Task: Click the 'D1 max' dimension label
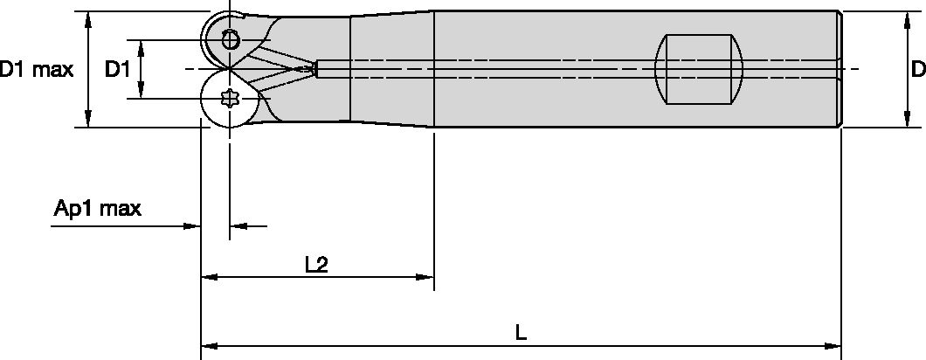37,69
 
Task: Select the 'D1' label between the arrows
118,69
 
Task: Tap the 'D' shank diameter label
917,69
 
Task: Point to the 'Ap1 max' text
97,209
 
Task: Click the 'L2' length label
316,265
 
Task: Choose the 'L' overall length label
521,332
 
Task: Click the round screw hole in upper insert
230,39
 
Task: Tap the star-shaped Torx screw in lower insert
230,99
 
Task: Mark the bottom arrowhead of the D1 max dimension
87,120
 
